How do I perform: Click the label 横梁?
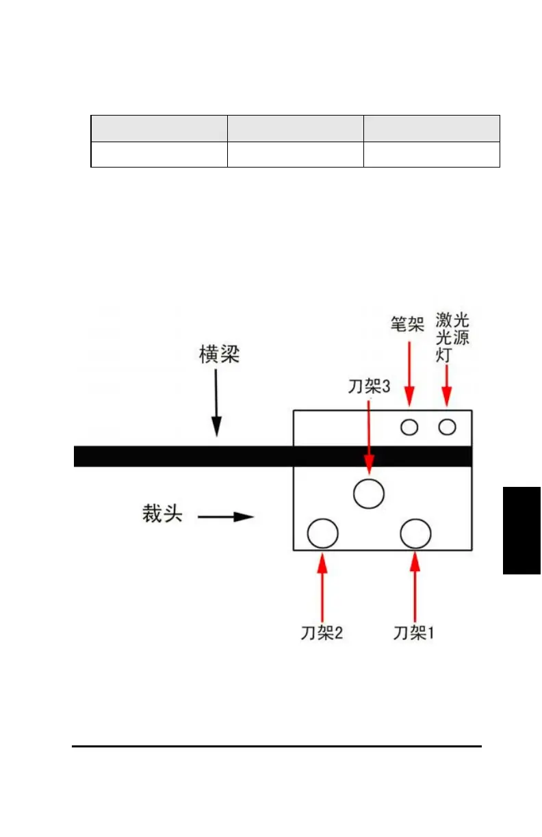219,356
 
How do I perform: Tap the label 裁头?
163,514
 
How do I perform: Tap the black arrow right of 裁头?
226,517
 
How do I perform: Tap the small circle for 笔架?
409,427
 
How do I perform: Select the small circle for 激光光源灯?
447,427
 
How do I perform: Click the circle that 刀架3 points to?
369,492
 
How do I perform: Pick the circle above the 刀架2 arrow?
322,533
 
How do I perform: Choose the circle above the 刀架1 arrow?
415,533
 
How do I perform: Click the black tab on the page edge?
522,531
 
